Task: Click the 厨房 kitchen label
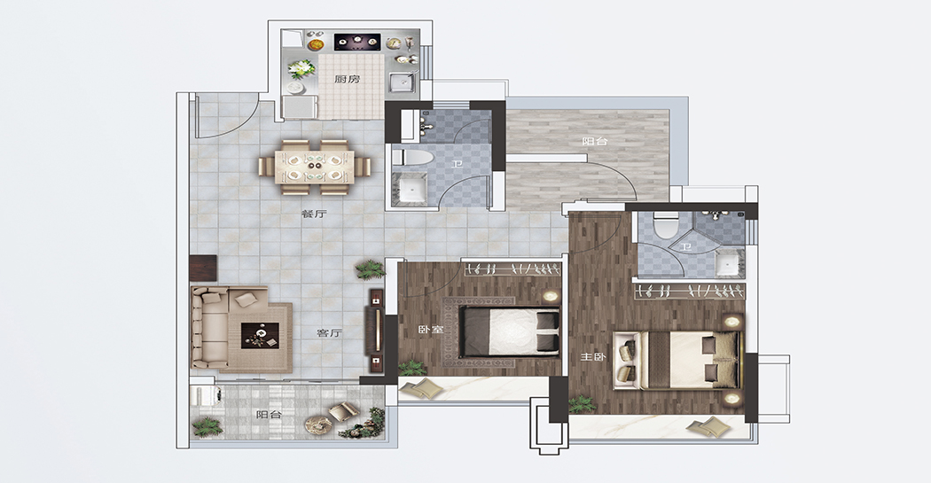347,79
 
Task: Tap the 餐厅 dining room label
314,214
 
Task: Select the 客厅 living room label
330,333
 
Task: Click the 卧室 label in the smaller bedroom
431,330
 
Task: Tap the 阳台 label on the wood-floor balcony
594,141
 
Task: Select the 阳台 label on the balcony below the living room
269,415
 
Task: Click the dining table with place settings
315,167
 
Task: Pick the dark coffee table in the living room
260,336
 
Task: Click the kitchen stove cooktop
357,42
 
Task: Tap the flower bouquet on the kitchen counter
301,69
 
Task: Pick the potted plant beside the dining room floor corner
370,269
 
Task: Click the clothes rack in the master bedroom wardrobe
690,291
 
